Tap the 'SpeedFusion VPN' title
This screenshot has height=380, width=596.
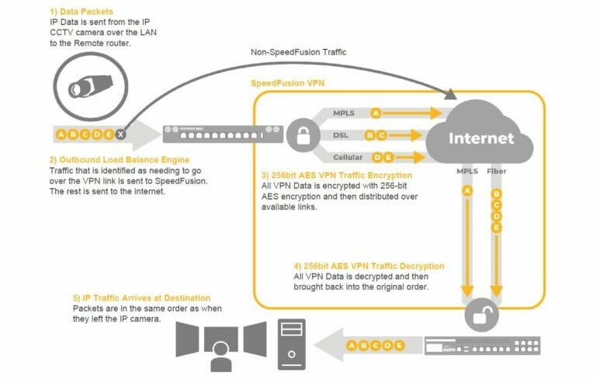point(289,82)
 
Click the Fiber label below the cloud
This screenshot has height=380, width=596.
point(497,169)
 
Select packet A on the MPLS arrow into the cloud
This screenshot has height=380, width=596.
point(376,113)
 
